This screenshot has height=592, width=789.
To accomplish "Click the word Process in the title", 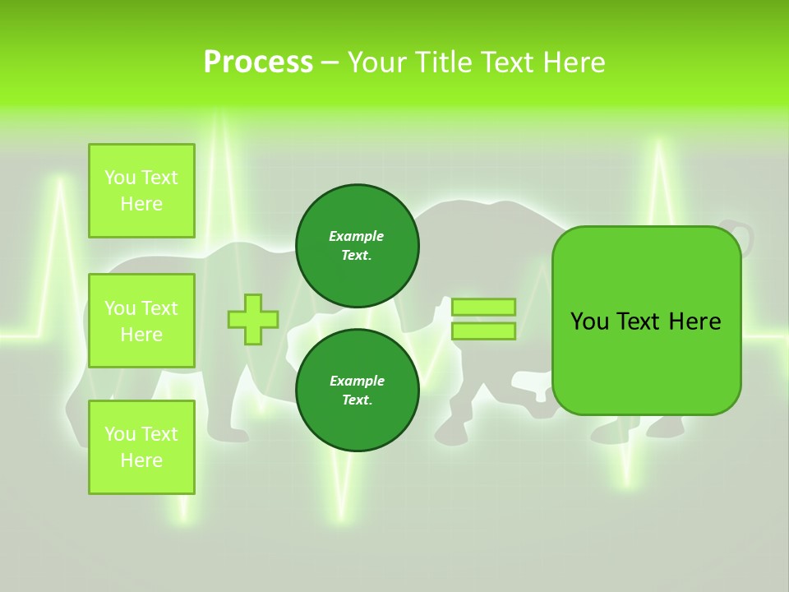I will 258,62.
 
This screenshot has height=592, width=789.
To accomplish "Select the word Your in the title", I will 377,62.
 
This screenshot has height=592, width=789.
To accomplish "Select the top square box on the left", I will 141,191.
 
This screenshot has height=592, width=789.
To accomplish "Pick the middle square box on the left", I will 141,321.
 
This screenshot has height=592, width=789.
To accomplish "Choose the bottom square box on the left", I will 141,447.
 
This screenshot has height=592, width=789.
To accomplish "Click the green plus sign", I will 253,319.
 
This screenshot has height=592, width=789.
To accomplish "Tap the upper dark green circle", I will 357,246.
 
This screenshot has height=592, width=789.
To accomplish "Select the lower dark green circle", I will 357,391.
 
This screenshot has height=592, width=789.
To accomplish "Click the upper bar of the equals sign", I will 483,307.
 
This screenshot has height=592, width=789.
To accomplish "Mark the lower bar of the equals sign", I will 483,331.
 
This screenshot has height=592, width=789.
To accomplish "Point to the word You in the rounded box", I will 589,321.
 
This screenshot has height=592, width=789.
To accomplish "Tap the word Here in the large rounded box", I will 694,321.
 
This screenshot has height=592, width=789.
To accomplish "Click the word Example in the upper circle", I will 357,236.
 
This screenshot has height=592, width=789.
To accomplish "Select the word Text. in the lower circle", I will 357,400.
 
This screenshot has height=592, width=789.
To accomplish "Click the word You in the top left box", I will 120,178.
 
